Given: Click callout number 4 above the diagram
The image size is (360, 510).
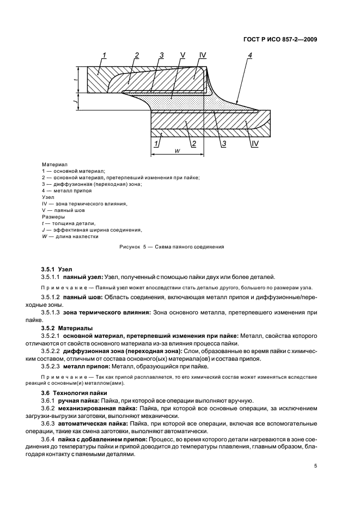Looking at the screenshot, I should pos(250,55).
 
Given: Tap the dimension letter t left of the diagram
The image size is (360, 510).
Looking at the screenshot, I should pos(76,79).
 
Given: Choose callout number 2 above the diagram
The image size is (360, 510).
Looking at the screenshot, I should pos(137,55).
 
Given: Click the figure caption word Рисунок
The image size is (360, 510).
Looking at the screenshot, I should pos(130,246).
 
